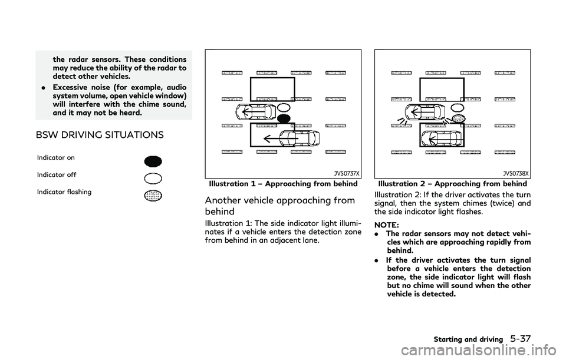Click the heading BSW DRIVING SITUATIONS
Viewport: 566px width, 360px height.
tap(100, 135)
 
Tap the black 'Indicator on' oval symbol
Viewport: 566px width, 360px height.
tap(153, 161)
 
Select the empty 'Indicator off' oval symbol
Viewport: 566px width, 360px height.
tap(153, 179)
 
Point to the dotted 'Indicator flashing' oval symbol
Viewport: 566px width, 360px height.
tap(153, 196)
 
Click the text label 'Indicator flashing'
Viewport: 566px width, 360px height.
tap(64, 192)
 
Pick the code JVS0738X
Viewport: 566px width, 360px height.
tap(516, 174)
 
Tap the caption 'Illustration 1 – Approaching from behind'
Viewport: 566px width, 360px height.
tap(284, 184)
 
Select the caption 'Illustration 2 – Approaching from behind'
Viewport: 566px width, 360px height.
tap(453, 184)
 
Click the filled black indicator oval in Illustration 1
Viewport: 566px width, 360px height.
tap(284, 118)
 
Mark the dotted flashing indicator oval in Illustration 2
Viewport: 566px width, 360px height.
tap(459, 118)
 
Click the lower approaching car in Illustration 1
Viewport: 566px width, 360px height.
tap(302, 138)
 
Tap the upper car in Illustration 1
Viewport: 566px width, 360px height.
tap(256, 112)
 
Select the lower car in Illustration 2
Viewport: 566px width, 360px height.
tap(443, 137)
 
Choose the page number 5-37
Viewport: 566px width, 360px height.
tap(521, 339)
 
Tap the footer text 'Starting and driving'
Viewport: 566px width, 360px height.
tap(468, 339)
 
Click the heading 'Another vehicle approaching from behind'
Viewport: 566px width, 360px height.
tap(279, 206)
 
